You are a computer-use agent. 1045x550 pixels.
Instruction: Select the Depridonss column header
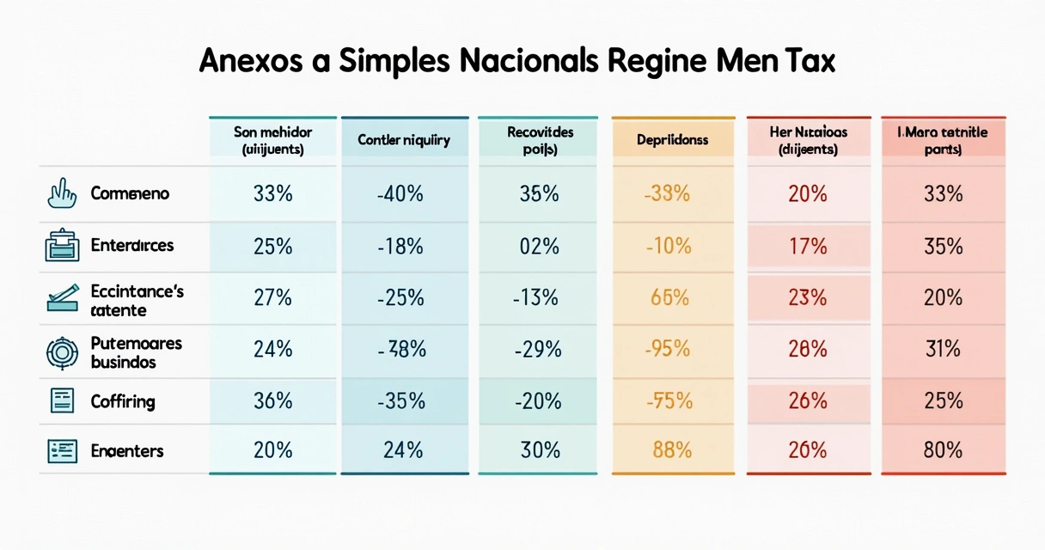[x=673, y=139]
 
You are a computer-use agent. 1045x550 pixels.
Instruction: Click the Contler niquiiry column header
[x=404, y=139]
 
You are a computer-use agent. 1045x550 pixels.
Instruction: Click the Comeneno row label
[x=130, y=194]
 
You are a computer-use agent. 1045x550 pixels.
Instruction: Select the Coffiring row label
[x=123, y=400]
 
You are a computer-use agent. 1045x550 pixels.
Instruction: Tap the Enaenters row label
[x=127, y=450]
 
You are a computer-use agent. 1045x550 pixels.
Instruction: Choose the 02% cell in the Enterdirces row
[x=539, y=247]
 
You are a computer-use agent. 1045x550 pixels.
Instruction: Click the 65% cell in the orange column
[x=670, y=298]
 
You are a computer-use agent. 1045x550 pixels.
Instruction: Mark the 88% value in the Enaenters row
[x=670, y=450]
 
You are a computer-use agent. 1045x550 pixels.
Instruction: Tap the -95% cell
[x=668, y=350]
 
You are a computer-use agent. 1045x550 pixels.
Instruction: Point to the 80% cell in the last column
[x=943, y=450]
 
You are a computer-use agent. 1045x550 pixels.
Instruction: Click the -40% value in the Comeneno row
[x=400, y=194]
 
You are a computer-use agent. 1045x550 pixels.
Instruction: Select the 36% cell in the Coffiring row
[x=272, y=400]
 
